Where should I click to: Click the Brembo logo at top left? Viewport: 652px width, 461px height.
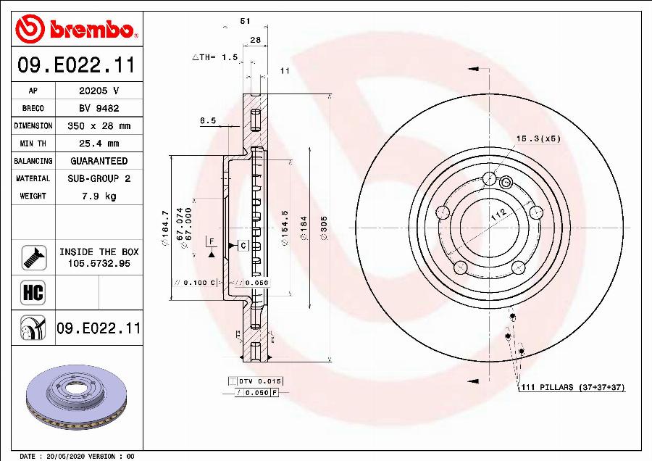[x=75, y=29]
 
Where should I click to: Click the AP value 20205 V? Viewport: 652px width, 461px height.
[x=99, y=91]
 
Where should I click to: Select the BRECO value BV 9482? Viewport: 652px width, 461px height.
[x=99, y=109]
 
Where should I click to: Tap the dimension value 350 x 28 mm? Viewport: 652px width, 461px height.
[x=99, y=126]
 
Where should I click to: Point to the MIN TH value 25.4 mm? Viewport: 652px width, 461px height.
[x=99, y=144]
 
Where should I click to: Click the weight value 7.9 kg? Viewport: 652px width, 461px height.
[x=99, y=196]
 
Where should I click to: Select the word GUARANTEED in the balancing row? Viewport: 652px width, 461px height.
[x=99, y=161]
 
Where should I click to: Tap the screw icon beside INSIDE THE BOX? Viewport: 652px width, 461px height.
[x=33, y=257]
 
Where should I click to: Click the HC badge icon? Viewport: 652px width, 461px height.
[x=33, y=293]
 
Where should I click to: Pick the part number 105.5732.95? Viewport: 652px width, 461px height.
[x=99, y=264]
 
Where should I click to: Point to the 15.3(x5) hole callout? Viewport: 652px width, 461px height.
[x=538, y=138]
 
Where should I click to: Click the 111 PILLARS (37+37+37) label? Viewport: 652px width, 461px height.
[x=572, y=388]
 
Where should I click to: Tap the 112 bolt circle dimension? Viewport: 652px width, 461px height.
[x=497, y=213]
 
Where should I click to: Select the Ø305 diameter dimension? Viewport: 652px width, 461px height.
[x=324, y=228]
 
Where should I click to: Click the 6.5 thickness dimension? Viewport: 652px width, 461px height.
[x=208, y=121]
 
